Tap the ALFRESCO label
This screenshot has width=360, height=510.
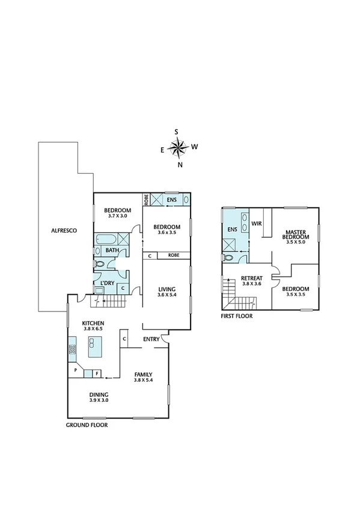62,230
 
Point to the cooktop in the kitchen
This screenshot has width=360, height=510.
72,346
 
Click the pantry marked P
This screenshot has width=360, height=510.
76,370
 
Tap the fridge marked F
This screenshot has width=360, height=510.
96,373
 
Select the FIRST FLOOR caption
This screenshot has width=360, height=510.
237,315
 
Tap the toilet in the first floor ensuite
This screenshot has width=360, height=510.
227,257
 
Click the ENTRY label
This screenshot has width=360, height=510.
151,339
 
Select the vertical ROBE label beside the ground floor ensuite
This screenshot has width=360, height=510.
146,199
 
